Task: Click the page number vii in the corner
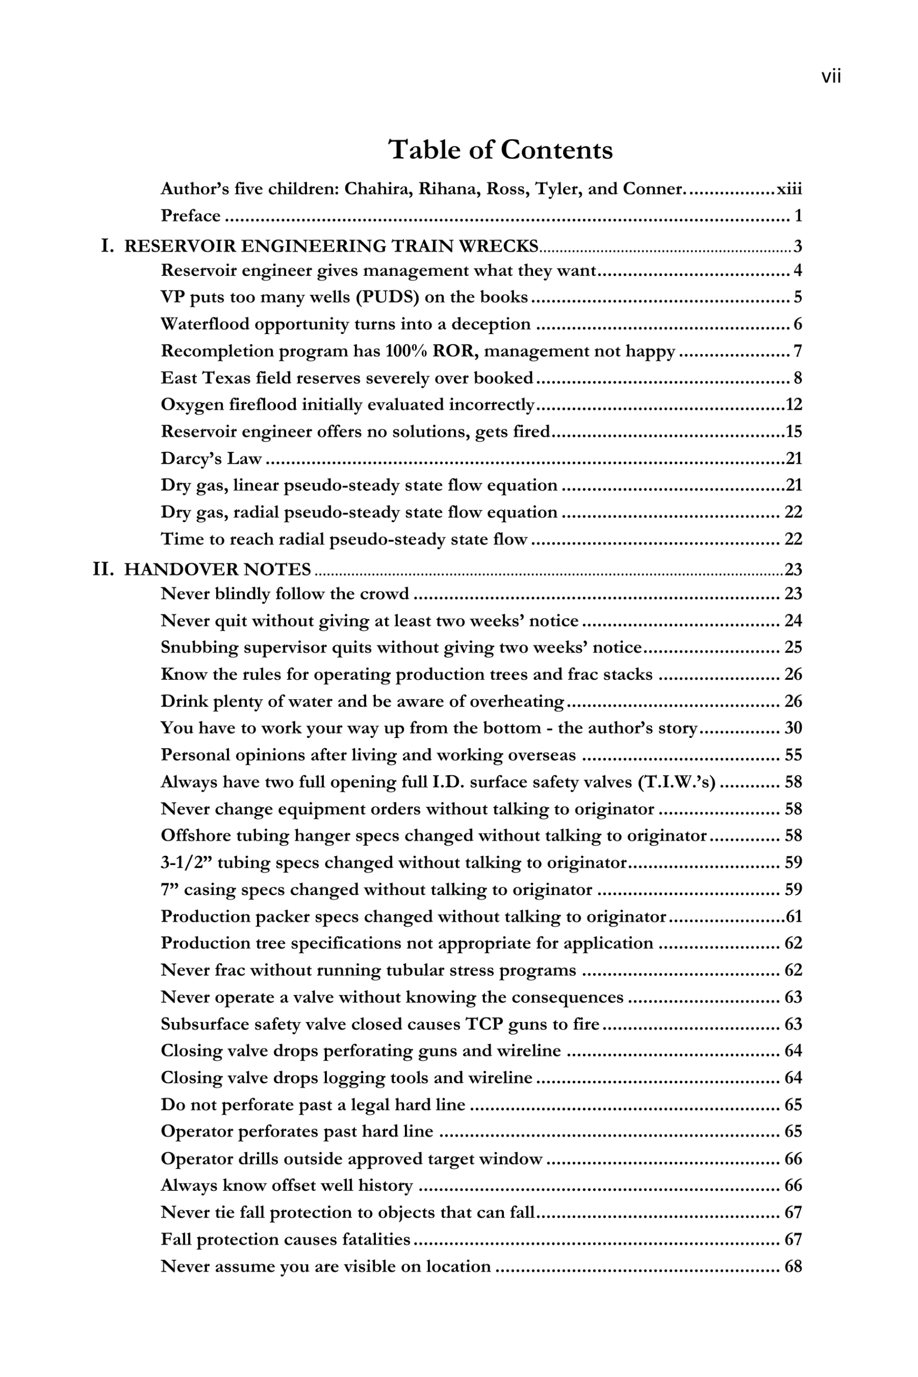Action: pos(831,77)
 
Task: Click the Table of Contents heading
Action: pos(501,150)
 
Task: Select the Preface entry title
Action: pos(191,216)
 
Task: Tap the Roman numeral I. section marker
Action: pos(107,246)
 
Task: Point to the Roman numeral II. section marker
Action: pos(103,569)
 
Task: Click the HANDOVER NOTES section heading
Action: pos(218,570)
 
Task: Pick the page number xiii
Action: pos(788,189)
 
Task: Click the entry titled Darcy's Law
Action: pos(211,458)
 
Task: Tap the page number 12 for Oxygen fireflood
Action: pos(793,404)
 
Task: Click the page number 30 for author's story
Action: pos(793,728)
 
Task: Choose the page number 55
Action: pos(793,755)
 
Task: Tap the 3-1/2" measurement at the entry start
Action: pos(186,862)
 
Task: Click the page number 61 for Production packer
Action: pos(793,916)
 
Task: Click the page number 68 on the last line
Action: pos(793,1266)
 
